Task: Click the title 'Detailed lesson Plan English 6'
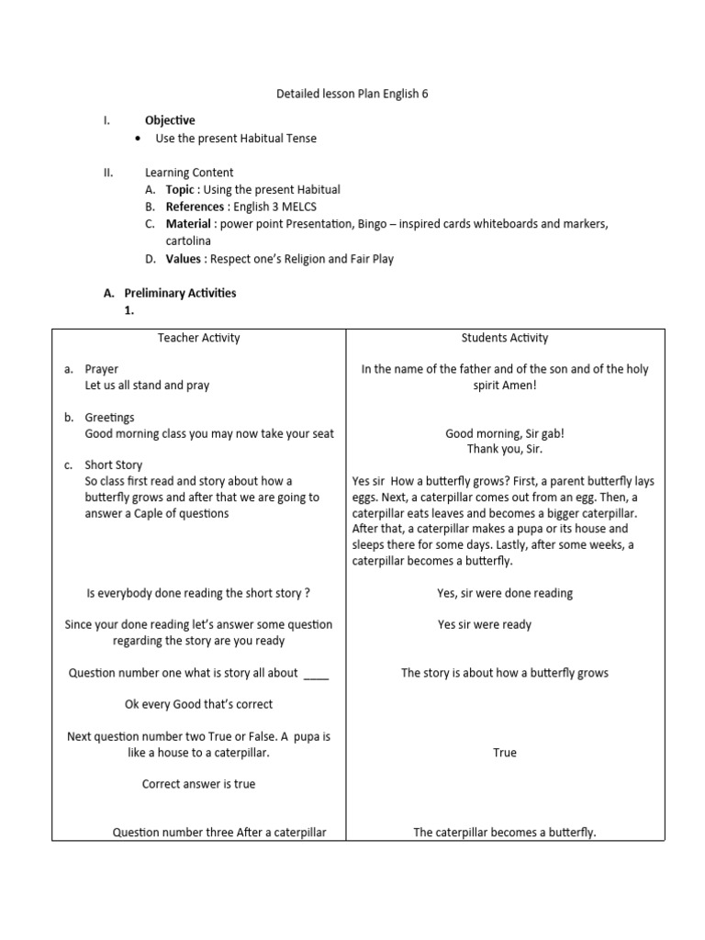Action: (x=352, y=94)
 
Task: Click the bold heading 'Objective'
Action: (x=170, y=120)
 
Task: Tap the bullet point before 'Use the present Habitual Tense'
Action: (x=137, y=139)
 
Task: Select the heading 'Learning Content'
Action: (x=189, y=173)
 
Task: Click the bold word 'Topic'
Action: (x=180, y=190)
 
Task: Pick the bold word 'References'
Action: (x=195, y=207)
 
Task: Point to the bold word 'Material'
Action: (x=190, y=224)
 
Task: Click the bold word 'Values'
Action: (x=183, y=259)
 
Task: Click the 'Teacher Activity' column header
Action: (x=198, y=338)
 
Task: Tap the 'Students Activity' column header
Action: (x=504, y=338)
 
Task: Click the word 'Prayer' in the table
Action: (x=102, y=369)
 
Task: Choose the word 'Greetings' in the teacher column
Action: (x=109, y=418)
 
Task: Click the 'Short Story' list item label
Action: (x=114, y=465)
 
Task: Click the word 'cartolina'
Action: (x=188, y=241)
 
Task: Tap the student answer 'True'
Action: (x=504, y=753)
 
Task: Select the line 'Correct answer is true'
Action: (x=198, y=784)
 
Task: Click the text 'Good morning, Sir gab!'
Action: (x=504, y=433)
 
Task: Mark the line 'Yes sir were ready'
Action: (x=485, y=624)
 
